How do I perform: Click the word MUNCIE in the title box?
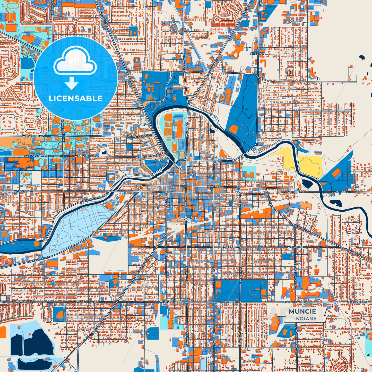[x=302, y=311]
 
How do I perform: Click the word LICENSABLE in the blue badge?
[x=75, y=98]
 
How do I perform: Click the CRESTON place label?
[x=257, y=54]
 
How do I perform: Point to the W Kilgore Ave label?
[x=39, y=259]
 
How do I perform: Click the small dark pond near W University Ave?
[x=104, y=152]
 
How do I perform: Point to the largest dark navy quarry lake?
[x=39, y=343]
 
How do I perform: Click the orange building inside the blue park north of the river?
[x=233, y=128]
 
